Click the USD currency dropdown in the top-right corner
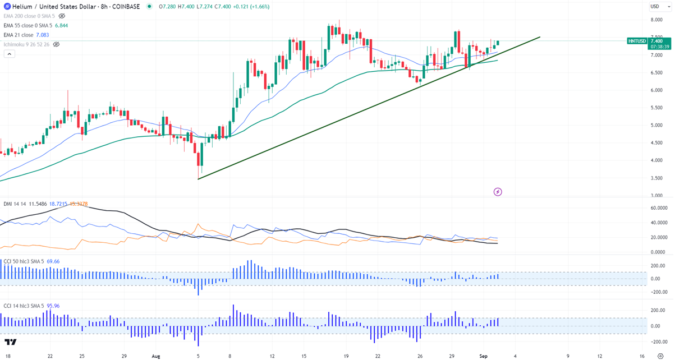(657, 6)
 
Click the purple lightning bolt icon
(498, 192)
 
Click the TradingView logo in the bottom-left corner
(10, 343)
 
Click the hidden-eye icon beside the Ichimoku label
(56, 44)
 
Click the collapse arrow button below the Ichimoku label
(9, 54)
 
